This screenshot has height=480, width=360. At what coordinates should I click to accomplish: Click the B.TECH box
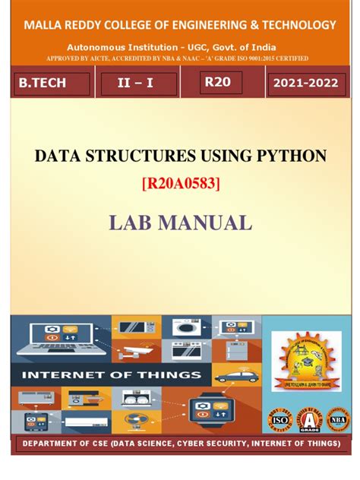(x=52, y=84)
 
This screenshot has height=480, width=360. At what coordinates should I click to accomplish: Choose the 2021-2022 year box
(x=305, y=84)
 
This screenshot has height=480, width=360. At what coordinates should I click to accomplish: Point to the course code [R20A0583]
(x=181, y=183)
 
